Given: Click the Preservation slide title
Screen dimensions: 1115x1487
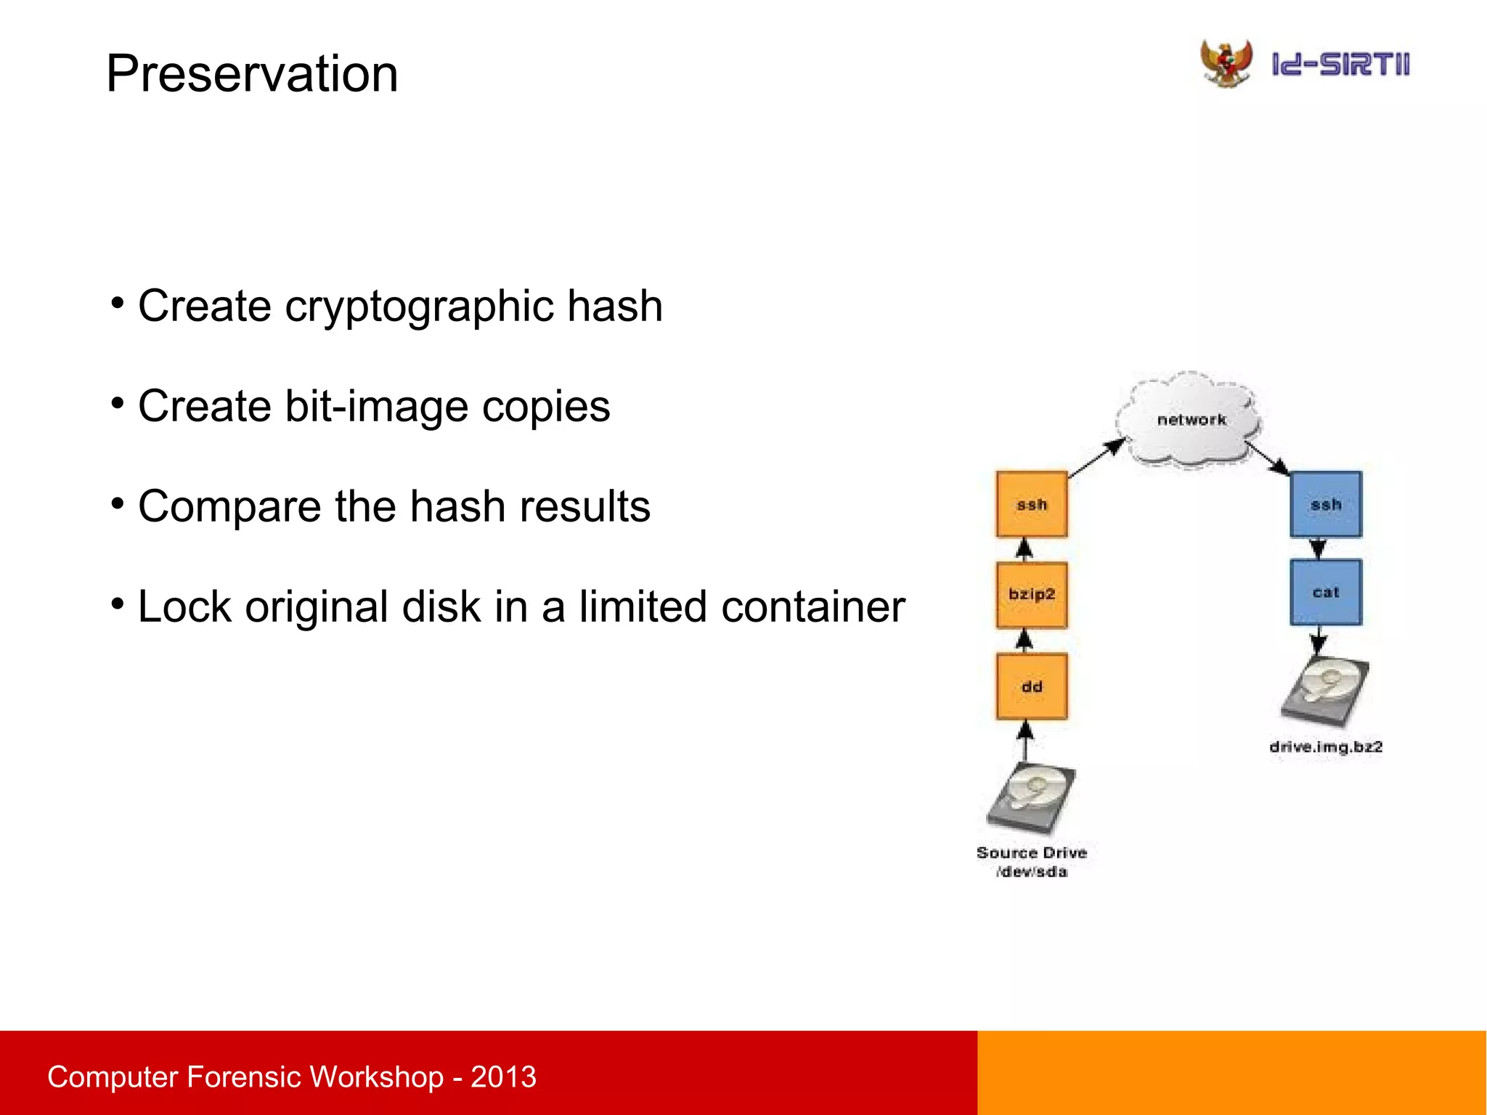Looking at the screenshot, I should click(x=252, y=73).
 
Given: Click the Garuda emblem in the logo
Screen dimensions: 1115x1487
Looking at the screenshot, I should click(x=1226, y=63).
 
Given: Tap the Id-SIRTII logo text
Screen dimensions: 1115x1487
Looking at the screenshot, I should click(x=1340, y=65).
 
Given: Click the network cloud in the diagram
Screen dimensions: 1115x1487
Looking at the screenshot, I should click(x=1190, y=420).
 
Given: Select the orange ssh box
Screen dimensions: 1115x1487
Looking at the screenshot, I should click(x=1031, y=504).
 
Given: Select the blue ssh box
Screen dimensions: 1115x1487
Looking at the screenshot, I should click(x=1325, y=504).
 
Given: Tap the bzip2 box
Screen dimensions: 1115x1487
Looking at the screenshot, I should click(x=1031, y=594).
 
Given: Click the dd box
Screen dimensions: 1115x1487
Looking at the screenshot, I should click(x=1031, y=686).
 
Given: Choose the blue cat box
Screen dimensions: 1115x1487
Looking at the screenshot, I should click(x=1325, y=592).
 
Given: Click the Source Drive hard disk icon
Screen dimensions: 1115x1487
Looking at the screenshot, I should click(x=1031, y=798).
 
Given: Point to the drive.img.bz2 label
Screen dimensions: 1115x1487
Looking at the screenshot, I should click(x=1325, y=747).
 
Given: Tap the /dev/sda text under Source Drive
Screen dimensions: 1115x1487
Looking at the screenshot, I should click(x=1031, y=872).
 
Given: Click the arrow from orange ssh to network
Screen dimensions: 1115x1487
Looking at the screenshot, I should click(x=1095, y=458).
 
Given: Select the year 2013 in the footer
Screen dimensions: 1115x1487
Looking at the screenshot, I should click(x=503, y=1077).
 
